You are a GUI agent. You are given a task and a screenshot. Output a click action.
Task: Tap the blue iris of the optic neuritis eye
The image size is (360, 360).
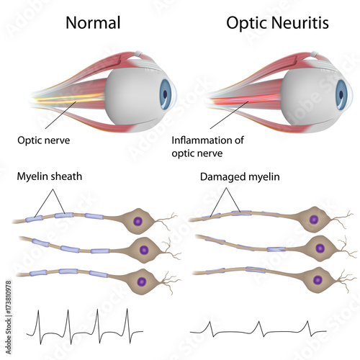tap(346, 92)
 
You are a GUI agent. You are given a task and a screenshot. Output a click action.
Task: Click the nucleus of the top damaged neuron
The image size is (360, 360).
tap(312, 219)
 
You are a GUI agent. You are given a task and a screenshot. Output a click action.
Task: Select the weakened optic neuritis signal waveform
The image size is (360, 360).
tap(259, 329)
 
